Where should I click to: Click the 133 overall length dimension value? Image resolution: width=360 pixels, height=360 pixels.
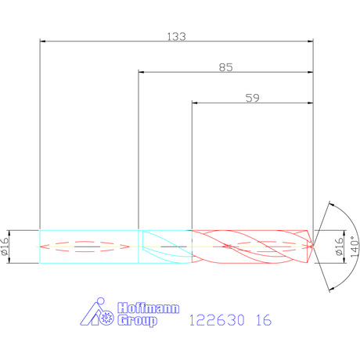click(x=176, y=37)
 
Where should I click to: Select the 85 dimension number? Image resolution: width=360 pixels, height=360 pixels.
click(x=225, y=67)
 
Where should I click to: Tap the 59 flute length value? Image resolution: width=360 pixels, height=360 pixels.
click(x=253, y=98)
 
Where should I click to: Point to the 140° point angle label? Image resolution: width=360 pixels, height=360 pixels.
click(x=355, y=247)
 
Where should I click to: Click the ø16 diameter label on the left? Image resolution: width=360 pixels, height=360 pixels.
click(x=5, y=247)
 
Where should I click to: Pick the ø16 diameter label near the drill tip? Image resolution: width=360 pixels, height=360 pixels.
click(x=339, y=247)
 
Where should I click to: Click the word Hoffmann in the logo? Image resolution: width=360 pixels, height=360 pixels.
click(x=149, y=308)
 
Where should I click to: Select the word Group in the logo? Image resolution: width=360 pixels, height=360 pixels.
click(x=137, y=320)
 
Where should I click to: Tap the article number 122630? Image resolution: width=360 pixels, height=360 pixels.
click(x=217, y=320)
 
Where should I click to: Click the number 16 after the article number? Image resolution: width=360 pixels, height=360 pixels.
click(x=264, y=320)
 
